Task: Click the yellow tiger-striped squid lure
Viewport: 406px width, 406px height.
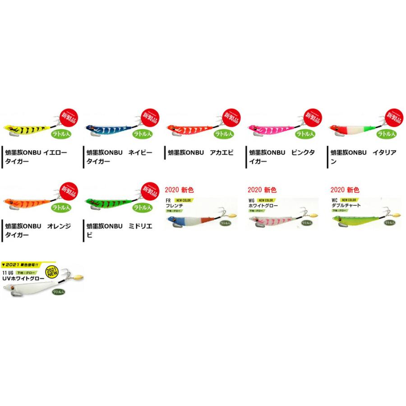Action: point(25,129)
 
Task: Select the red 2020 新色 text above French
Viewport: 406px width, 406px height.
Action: point(179,190)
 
